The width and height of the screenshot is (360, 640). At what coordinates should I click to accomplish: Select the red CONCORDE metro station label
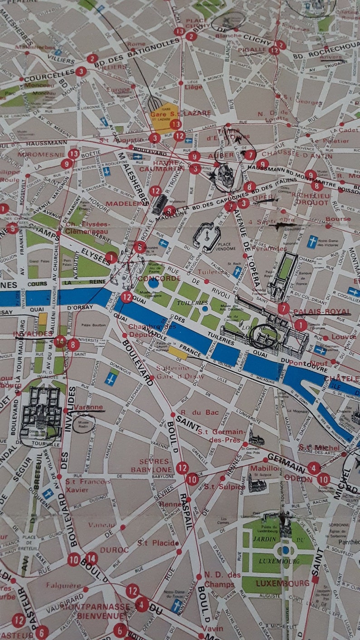click(159, 278)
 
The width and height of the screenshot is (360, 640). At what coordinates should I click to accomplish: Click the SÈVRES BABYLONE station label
click(152, 465)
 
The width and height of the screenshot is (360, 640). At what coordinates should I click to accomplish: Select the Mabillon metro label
click(264, 468)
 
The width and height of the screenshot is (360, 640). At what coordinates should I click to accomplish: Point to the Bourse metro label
click(338, 218)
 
